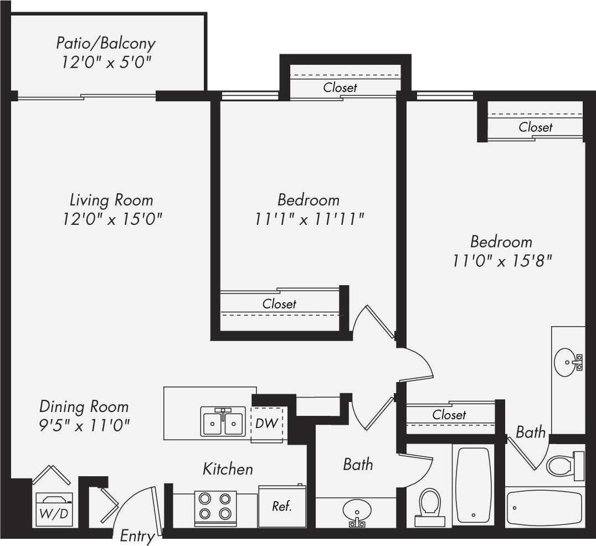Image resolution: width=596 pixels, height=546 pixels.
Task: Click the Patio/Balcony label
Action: point(106,43)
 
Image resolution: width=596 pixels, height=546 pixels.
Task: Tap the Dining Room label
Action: point(84,406)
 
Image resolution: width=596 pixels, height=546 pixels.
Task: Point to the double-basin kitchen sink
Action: point(223,422)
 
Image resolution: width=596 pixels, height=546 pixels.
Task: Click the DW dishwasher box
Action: point(266,424)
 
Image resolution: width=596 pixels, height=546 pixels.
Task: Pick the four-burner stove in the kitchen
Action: point(215,508)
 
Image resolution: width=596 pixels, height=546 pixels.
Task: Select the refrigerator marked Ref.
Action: point(282,506)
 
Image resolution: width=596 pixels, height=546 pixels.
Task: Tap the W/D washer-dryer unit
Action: point(54,508)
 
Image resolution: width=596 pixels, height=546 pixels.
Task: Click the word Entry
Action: point(137,536)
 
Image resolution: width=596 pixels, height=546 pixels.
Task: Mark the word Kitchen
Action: point(228,469)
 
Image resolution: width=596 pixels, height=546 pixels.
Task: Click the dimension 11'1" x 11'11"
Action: point(309,219)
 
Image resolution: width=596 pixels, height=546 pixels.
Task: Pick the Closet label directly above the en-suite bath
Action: point(449,415)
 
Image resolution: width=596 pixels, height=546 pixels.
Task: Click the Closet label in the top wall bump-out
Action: point(340,87)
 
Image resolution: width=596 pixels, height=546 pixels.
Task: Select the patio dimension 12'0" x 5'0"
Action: point(106,62)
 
